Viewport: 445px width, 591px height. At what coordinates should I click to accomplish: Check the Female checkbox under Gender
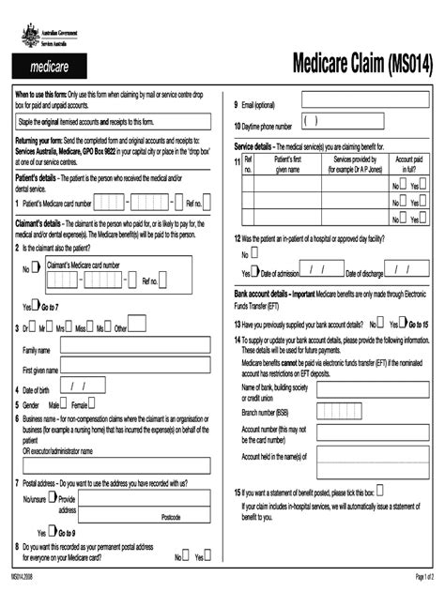pyautogui.click(x=93, y=404)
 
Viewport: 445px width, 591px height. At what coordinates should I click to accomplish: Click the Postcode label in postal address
pyautogui.click(x=171, y=517)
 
